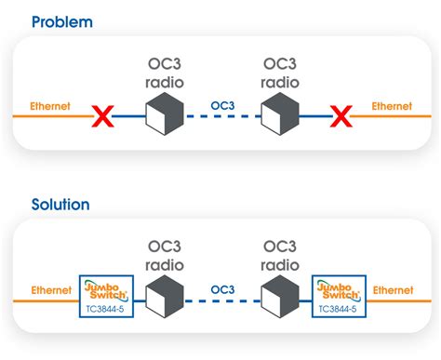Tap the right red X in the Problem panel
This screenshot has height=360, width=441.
342,117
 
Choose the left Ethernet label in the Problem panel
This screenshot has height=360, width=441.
50,106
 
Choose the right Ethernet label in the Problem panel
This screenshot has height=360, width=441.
392,106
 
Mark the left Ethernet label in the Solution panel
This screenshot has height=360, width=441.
50,290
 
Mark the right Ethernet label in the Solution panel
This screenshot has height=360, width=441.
392,290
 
